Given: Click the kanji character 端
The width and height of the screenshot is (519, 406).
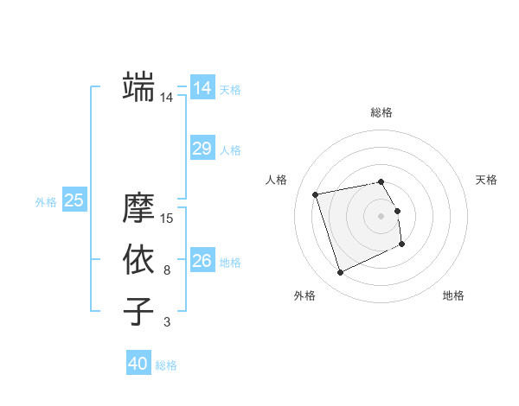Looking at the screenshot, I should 138,87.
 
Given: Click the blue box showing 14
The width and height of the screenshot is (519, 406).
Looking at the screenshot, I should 202,88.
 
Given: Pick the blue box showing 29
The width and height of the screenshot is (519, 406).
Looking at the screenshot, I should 202,149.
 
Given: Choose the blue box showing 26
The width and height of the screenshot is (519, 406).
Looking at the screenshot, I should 202,261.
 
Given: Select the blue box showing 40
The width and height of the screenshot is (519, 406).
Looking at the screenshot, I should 138,364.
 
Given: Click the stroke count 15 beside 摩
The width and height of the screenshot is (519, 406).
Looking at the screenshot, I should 168,219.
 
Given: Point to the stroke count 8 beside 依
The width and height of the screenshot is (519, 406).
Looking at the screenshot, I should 167,270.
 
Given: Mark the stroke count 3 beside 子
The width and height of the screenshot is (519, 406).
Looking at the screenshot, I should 167,322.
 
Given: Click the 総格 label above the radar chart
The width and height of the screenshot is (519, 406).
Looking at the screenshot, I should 381,112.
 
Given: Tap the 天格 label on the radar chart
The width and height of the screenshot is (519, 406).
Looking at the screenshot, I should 486,180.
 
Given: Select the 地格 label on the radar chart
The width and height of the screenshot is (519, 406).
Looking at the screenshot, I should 453,295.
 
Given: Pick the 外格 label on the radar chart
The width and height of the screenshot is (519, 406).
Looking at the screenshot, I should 304,295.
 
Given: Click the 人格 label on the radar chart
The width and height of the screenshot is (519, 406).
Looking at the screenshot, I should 276,180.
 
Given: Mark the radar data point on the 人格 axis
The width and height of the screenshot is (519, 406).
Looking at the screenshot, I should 316,193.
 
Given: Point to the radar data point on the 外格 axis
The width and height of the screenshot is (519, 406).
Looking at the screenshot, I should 340,273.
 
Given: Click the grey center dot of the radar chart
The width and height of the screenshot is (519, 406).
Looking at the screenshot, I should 381,215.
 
